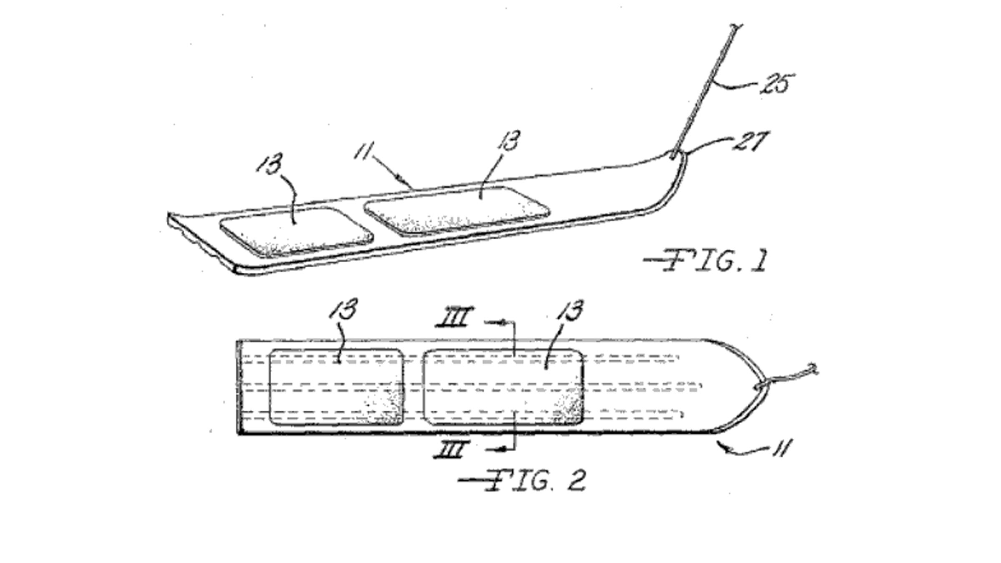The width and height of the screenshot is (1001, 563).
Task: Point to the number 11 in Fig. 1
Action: [364, 151]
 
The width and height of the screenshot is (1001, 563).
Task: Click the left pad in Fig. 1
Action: [296, 231]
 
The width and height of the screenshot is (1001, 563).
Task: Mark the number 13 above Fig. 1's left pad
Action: [270, 165]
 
